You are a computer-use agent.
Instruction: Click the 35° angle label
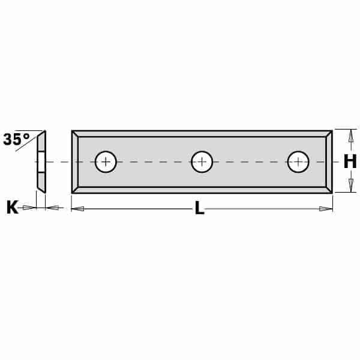pyautogui.click(x=17, y=139)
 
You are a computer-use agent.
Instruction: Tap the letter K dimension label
pyautogui.click(x=12, y=208)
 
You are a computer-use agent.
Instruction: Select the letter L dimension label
pyautogui.click(x=200, y=208)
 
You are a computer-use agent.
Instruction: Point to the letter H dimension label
pyautogui.click(x=350, y=161)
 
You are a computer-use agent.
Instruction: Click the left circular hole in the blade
pyautogui.click(x=106, y=161)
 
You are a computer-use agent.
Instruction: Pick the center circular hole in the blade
pyautogui.click(x=202, y=161)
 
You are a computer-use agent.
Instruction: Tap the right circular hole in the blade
pyautogui.click(x=298, y=161)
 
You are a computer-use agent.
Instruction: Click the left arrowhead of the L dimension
pyautogui.click(x=77, y=209)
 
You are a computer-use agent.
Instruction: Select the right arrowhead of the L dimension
pyautogui.click(x=326, y=209)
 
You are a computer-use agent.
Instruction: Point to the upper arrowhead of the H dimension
pyautogui.click(x=350, y=136)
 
